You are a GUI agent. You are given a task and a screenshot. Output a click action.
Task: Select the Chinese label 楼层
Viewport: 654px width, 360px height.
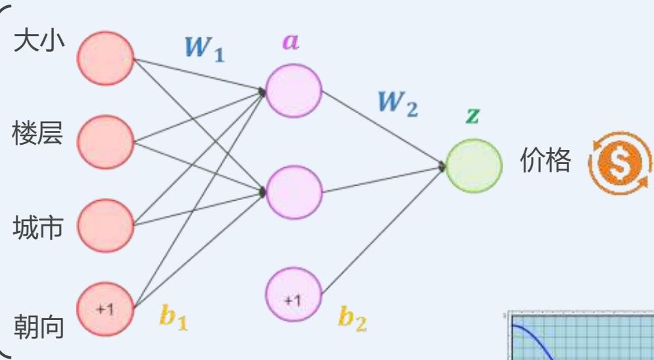(x=39, y=134)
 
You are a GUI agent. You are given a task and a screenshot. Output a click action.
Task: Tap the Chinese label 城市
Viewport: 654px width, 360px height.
(x=39, y=228)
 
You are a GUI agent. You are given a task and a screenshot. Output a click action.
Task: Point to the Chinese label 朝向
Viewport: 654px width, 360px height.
(x=39, y=326)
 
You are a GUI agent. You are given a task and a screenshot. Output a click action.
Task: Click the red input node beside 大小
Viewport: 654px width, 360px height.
(x=105, y=59)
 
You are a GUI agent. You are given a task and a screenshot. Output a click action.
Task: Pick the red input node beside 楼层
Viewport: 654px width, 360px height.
(x=105, y=142)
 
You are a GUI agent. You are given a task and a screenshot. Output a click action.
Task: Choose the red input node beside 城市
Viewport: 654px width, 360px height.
(x=105, y=226)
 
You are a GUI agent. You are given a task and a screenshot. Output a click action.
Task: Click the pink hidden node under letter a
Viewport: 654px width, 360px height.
(x=293, y=91)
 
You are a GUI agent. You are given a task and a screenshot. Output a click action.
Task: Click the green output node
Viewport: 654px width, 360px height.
(x=474, y=165)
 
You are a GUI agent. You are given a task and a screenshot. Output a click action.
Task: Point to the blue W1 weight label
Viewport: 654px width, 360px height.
(x=204, y=49)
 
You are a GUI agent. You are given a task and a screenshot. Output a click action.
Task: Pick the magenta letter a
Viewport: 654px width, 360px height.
(x=290, y=41)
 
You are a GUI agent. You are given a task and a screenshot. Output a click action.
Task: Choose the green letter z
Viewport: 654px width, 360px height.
(x=472, y=116)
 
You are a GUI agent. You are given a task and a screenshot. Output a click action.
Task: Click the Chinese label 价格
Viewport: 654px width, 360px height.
(x=545, y=161)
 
